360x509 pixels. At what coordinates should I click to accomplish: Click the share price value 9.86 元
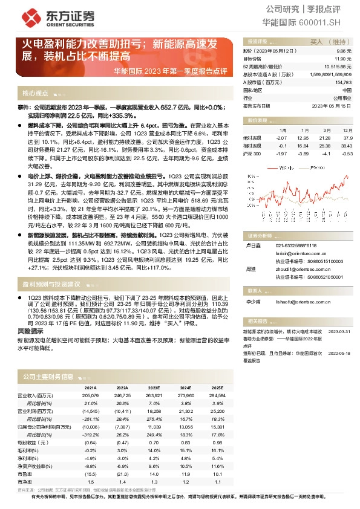click(x=343, y=52)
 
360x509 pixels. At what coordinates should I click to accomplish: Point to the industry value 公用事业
click(x=341, y=97)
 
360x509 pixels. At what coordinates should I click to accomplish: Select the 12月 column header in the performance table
click(x=347, y=130)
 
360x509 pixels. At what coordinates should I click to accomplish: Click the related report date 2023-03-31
click(x=339, y=332)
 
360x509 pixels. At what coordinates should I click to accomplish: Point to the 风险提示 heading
click(x=30, y=331)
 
